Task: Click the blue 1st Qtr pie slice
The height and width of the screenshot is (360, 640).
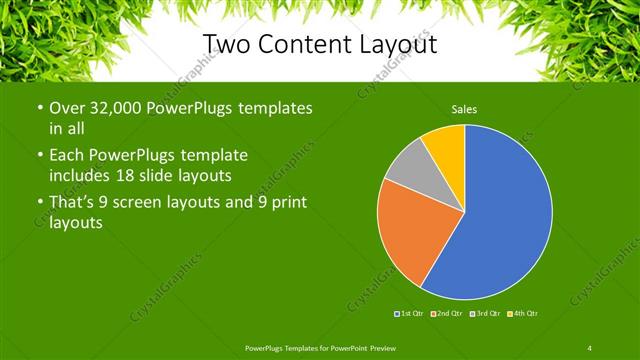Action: pos(500,215)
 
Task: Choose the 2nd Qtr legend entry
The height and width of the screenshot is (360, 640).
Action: pos(449,314)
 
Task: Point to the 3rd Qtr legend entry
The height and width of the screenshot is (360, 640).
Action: pos(487,314)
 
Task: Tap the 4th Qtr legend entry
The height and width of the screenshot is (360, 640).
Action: pos(524,314)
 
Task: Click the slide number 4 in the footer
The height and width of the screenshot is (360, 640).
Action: pos(590,347)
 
